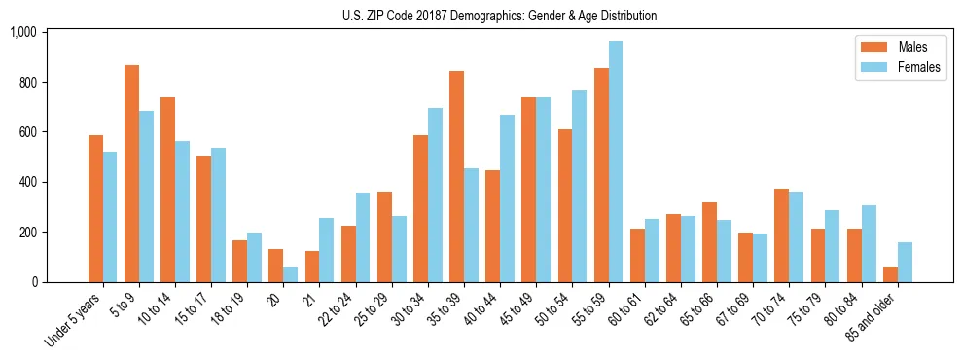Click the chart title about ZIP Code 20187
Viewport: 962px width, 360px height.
point(500,16)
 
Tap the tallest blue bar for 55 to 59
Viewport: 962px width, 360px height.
point(615,162)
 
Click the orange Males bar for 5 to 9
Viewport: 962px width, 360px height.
point(131,173)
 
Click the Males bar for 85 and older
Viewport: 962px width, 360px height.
point(890,274)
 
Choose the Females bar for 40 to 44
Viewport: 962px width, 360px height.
point(507,198)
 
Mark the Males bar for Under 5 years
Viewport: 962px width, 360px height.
point(95,208)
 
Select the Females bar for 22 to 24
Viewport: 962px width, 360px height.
point(363,237)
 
